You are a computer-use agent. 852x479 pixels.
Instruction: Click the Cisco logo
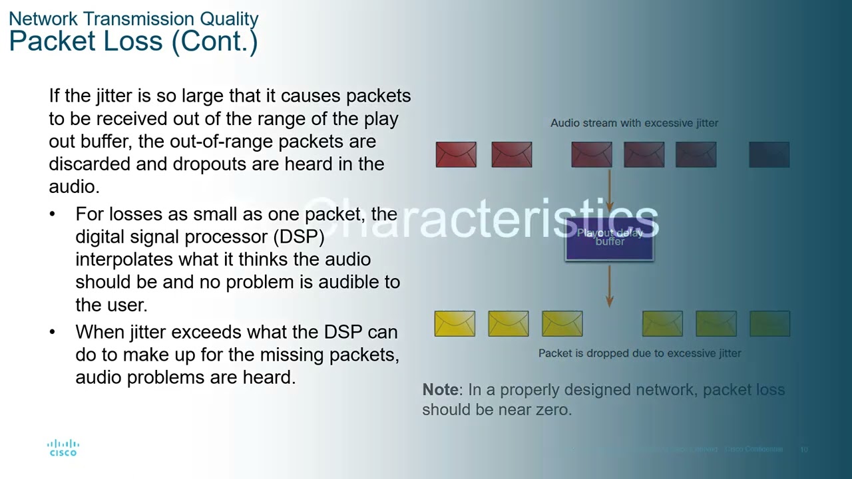[63, 448]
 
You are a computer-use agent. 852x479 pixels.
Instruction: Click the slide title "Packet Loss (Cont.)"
[133, 41]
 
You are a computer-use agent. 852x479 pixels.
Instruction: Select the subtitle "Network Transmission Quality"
[133, 19]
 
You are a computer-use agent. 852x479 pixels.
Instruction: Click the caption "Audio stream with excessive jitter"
[634, 123]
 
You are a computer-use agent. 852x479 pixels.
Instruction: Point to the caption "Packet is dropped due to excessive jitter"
[640, 353]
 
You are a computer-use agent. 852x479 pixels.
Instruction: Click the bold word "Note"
[440, 390]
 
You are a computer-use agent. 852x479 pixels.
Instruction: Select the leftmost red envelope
[456, 154]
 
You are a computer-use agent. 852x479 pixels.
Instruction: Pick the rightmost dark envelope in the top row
[769, 154]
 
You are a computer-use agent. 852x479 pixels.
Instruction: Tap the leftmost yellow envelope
[455, 324]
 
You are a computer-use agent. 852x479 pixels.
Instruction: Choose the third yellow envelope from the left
[562, 324]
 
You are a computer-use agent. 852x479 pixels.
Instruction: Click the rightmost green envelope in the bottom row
[769, 324]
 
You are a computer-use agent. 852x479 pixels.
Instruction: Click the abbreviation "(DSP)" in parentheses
[298, 237]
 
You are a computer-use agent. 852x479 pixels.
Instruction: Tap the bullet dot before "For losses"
[53, 215]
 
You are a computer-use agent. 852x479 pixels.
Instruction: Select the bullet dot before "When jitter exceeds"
[53, 332]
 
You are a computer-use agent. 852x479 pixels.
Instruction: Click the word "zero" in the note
[553, 410]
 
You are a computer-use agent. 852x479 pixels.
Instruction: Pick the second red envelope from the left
[511, 154]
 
